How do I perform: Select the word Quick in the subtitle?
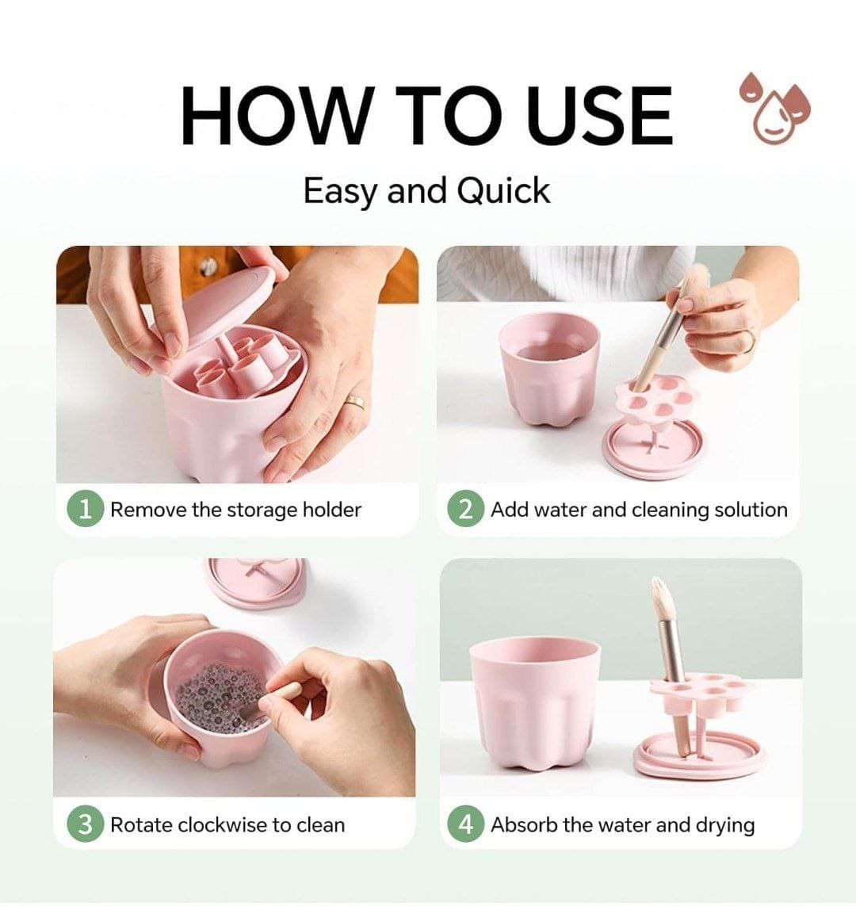pyautogui.click(x=503, y=191)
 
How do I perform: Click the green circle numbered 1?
pyautogui.click(x=86, y=509)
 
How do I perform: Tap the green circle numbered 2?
pyautogui.click(x=465, y=509)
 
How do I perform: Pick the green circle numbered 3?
pyautogui.click(x=86, y=824)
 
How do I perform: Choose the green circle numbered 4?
pyautogui.click(x=465, y=824)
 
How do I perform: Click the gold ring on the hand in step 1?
pyautogui.click(x=355, y=402)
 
